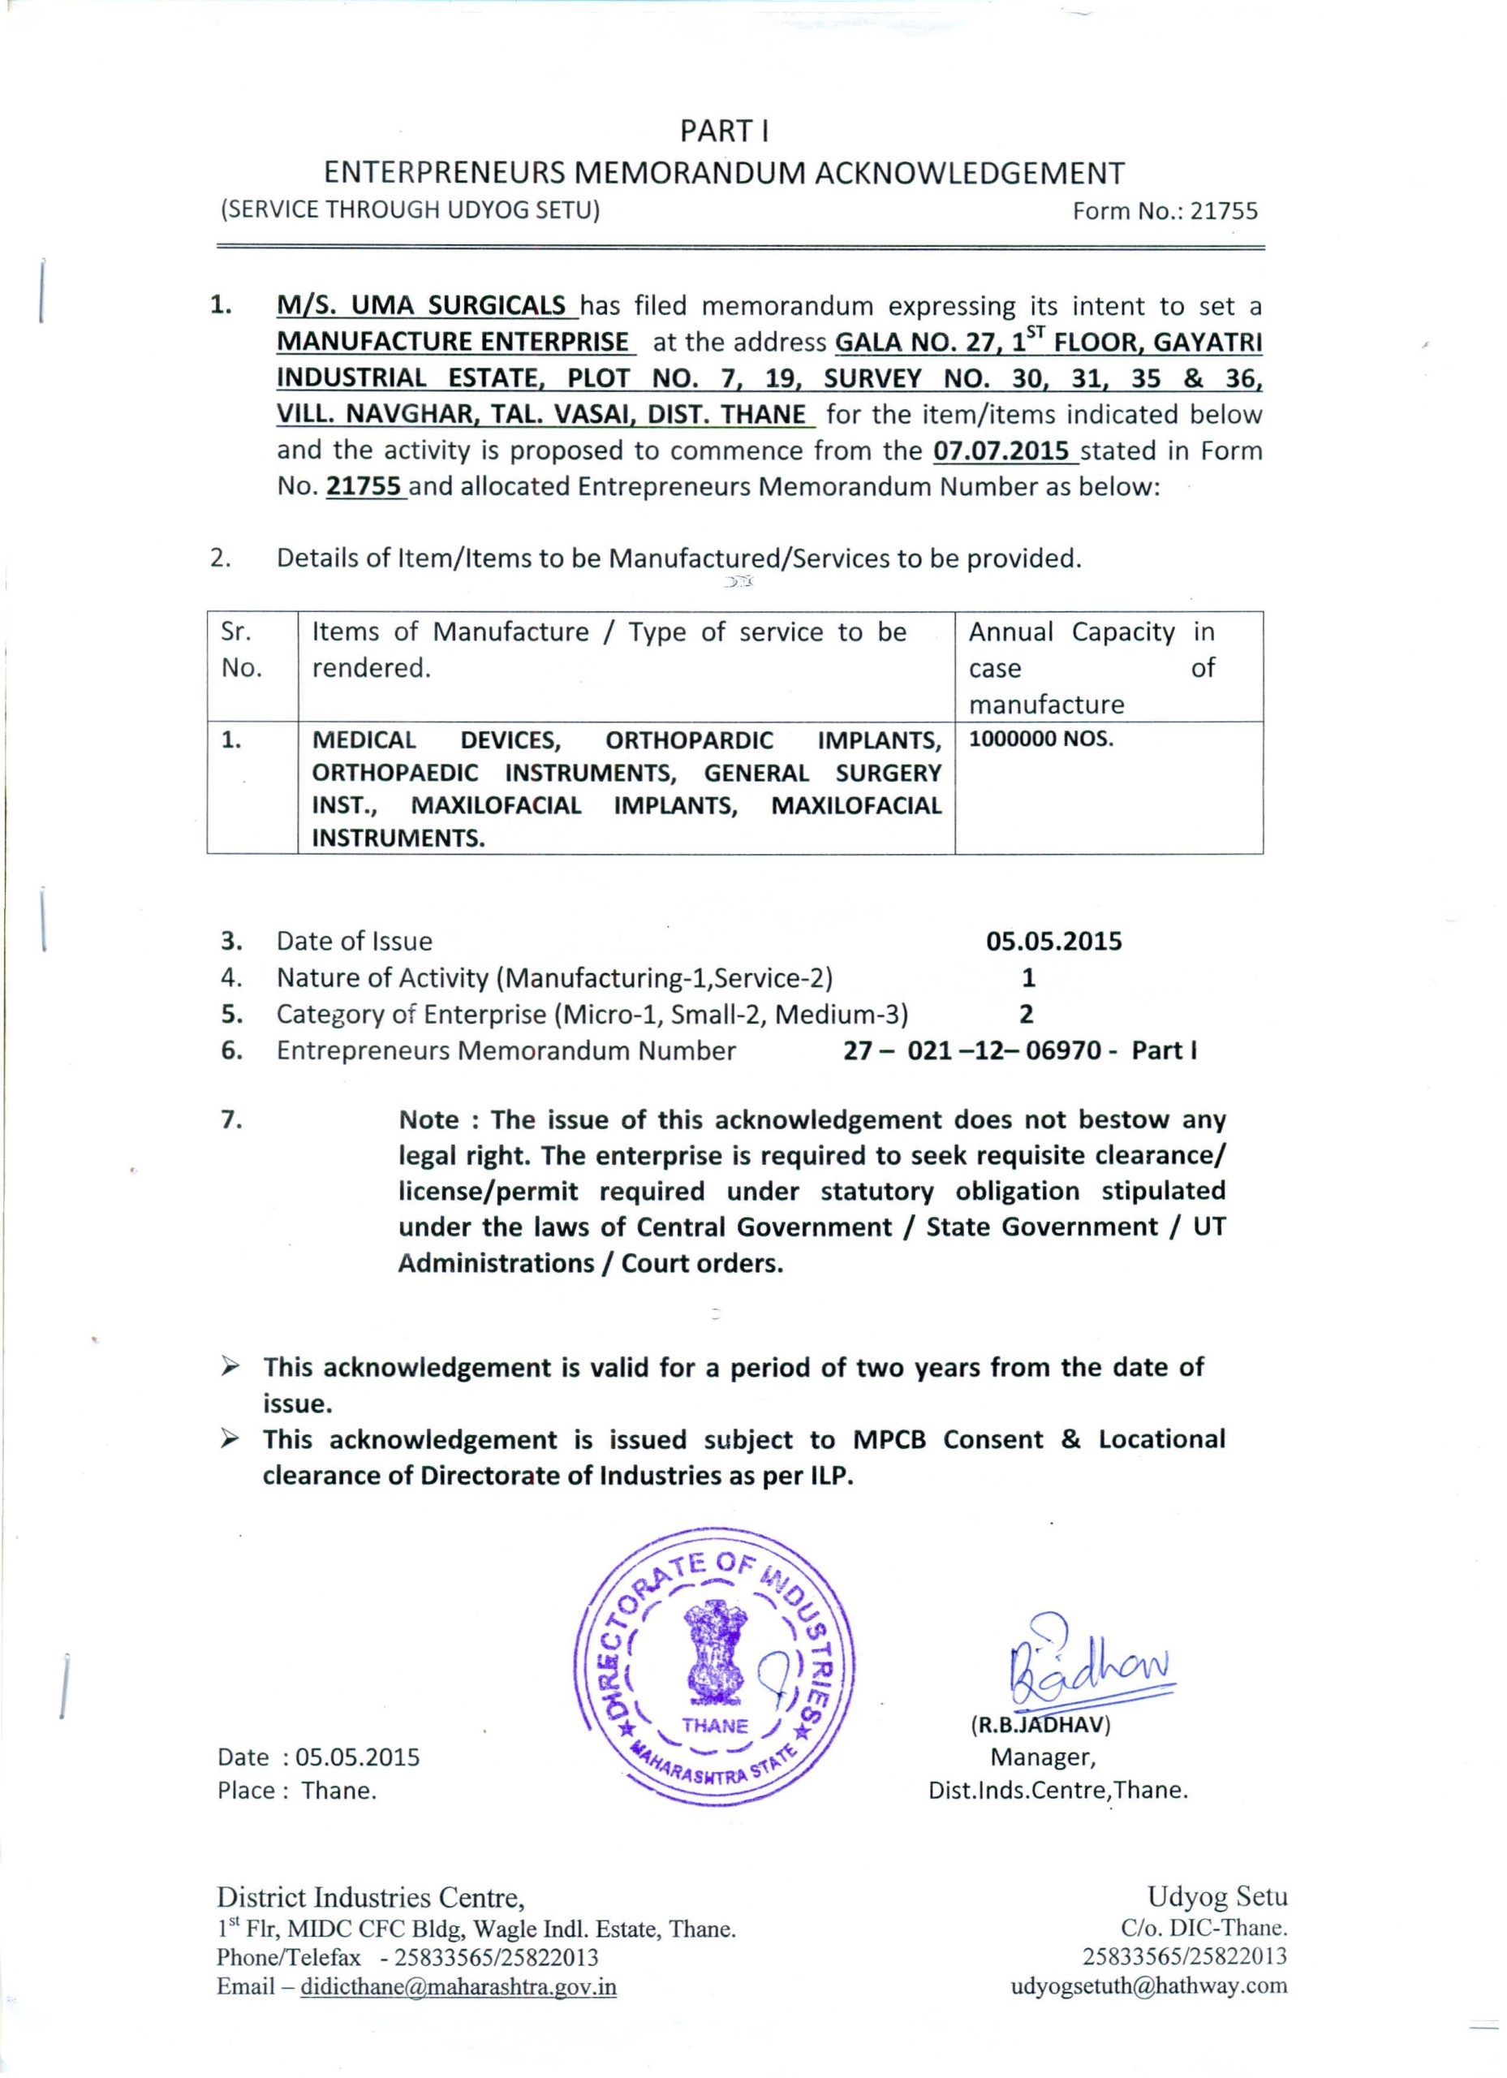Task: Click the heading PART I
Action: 724,132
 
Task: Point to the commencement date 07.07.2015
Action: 1001,451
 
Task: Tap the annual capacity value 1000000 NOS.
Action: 1040,739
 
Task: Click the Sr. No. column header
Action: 240,649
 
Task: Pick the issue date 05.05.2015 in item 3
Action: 1053,942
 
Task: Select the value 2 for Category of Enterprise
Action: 1026,1015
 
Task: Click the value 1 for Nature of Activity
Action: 1028,979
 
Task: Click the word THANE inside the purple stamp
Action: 715,1727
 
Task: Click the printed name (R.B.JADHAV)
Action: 1040,1725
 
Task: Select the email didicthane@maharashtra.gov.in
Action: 458,1987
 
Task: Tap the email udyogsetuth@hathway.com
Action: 1149,1986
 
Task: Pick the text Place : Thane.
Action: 297,1791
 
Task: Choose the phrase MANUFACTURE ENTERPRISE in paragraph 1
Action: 454,342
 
